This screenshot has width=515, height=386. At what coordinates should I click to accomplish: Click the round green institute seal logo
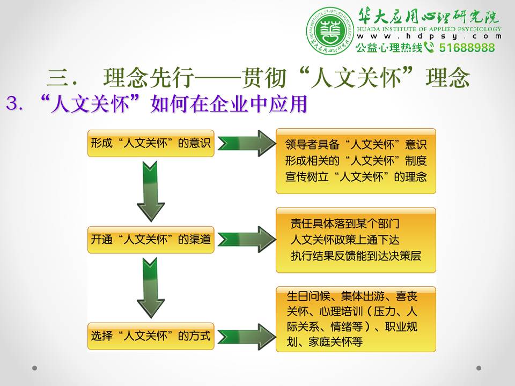click(x=330, y=31)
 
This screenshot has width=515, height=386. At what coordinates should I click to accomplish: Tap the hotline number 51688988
click(x=467, y=48)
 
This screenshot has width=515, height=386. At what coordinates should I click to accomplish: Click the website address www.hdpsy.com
click(x=429, y=36)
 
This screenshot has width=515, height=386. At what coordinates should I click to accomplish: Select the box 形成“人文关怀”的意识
click(x=151, y=144)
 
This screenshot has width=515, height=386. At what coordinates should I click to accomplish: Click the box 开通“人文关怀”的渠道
click(x=151, y=240)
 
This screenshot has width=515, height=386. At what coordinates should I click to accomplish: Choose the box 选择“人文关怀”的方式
click(x=151, y=336)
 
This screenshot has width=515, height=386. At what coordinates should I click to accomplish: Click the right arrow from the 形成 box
click(x=247, y=143)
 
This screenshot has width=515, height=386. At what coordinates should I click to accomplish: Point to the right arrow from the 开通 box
click(x=247, y=239)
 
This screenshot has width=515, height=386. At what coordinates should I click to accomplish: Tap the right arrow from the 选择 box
click(x=247, y=337)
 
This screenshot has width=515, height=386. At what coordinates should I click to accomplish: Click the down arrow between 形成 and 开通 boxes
click(x=150, y=191)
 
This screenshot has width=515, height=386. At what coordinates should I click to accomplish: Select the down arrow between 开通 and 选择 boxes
click(x=150, y=287)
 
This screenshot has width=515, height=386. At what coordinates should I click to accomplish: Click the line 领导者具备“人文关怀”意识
click(x=356, y=144)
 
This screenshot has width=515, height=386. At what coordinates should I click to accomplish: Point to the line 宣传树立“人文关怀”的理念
click(x=356, y=177)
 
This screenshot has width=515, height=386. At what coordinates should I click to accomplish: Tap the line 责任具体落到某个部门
click(x=345, y=224)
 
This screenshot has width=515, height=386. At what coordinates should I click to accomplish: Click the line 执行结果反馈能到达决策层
click(x=356, y=256)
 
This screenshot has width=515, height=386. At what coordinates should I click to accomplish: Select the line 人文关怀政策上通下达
click(x=345, y=240)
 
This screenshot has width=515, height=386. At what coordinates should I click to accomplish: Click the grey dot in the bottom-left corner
click(x=34, y=368)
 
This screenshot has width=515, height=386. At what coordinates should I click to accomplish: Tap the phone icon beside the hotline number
click(x=429, y=47)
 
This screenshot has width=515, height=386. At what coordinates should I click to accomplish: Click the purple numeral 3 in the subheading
click(x=12, y=103)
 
